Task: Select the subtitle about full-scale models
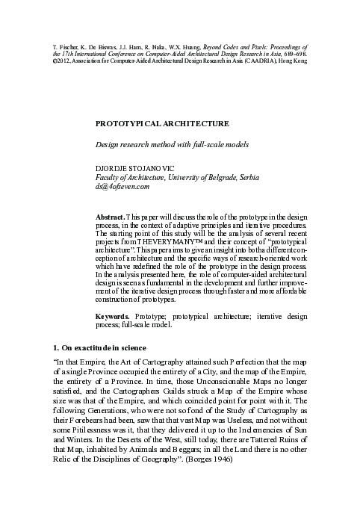170,143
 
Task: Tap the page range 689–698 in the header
294,54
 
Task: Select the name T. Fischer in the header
67,46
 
